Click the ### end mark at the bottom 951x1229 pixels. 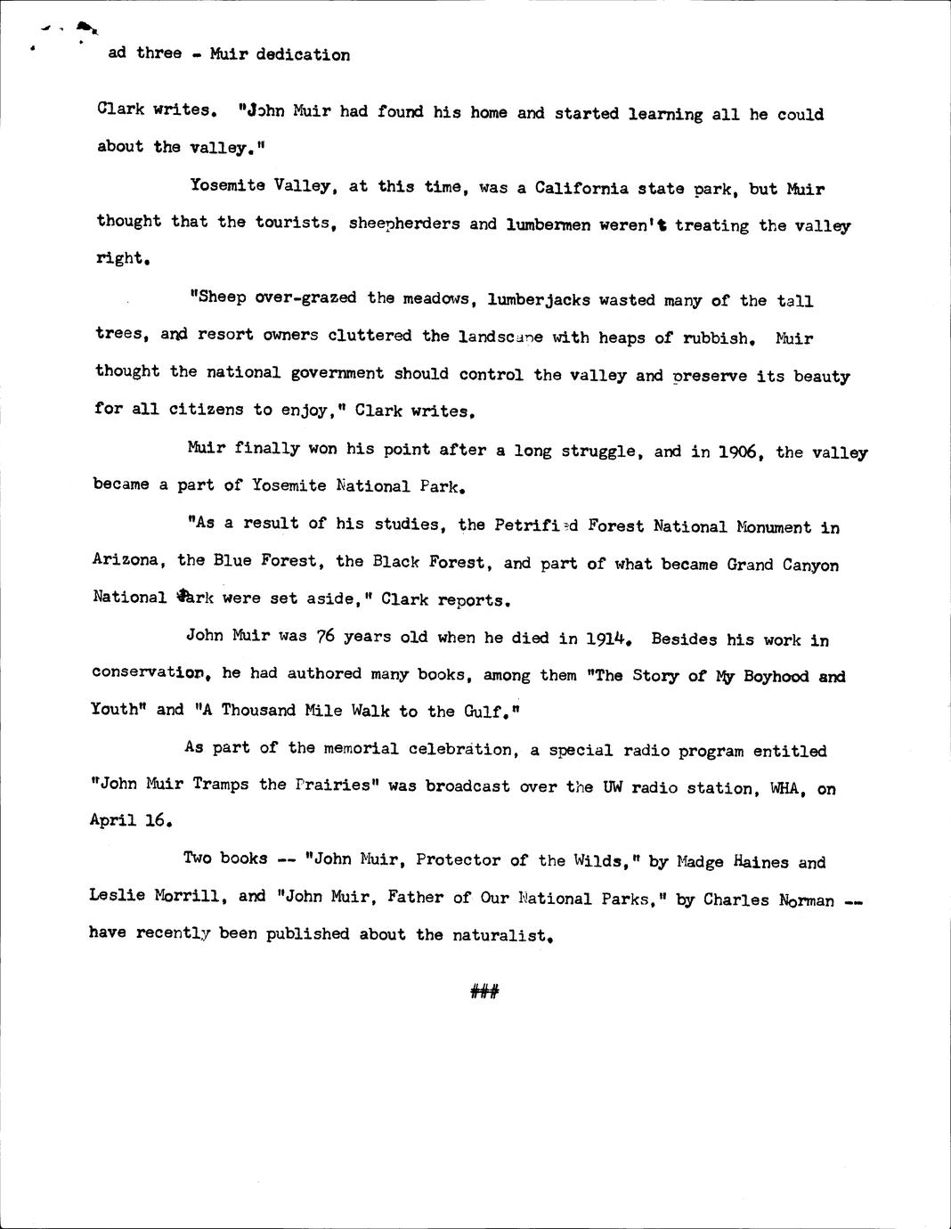pyautogui.click(x=484, y=990)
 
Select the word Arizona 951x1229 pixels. pyautogui.click(x=126, y=560)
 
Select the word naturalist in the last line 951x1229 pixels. pyautogui.click(x=501, y=934)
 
